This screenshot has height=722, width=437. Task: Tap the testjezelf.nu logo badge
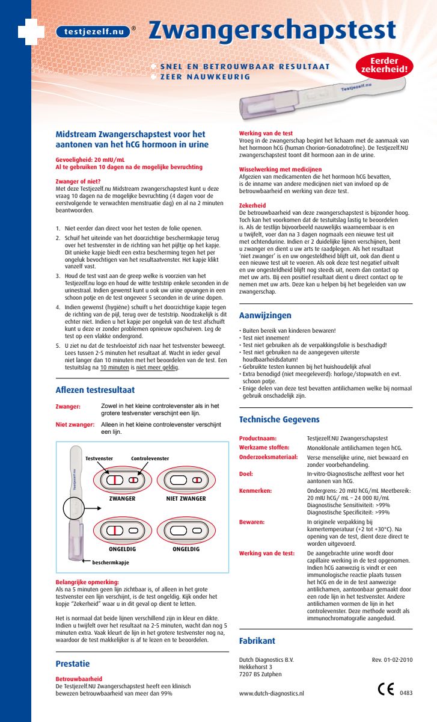(x=93, y=32)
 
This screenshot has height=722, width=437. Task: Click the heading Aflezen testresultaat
(x=95, y=390)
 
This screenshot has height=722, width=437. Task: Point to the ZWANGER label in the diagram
(x=122, y=499)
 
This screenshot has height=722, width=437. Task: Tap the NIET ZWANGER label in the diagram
(x=186, y=499)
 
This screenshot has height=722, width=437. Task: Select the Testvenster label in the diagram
(x=100, y=458)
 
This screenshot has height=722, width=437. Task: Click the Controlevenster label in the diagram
(x=150, y=458)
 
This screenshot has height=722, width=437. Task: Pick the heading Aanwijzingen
(x=265, y=315)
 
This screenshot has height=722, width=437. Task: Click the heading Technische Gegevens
(x=279, y=419)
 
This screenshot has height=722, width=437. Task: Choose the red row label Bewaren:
(x=252, y=522)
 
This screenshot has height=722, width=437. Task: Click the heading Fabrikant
(x=257, y=641)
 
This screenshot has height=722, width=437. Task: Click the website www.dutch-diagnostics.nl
(x=272, y=694)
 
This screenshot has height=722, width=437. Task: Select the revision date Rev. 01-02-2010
(x=393, y=660)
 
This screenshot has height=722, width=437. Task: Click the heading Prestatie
(x=72, y=664)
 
